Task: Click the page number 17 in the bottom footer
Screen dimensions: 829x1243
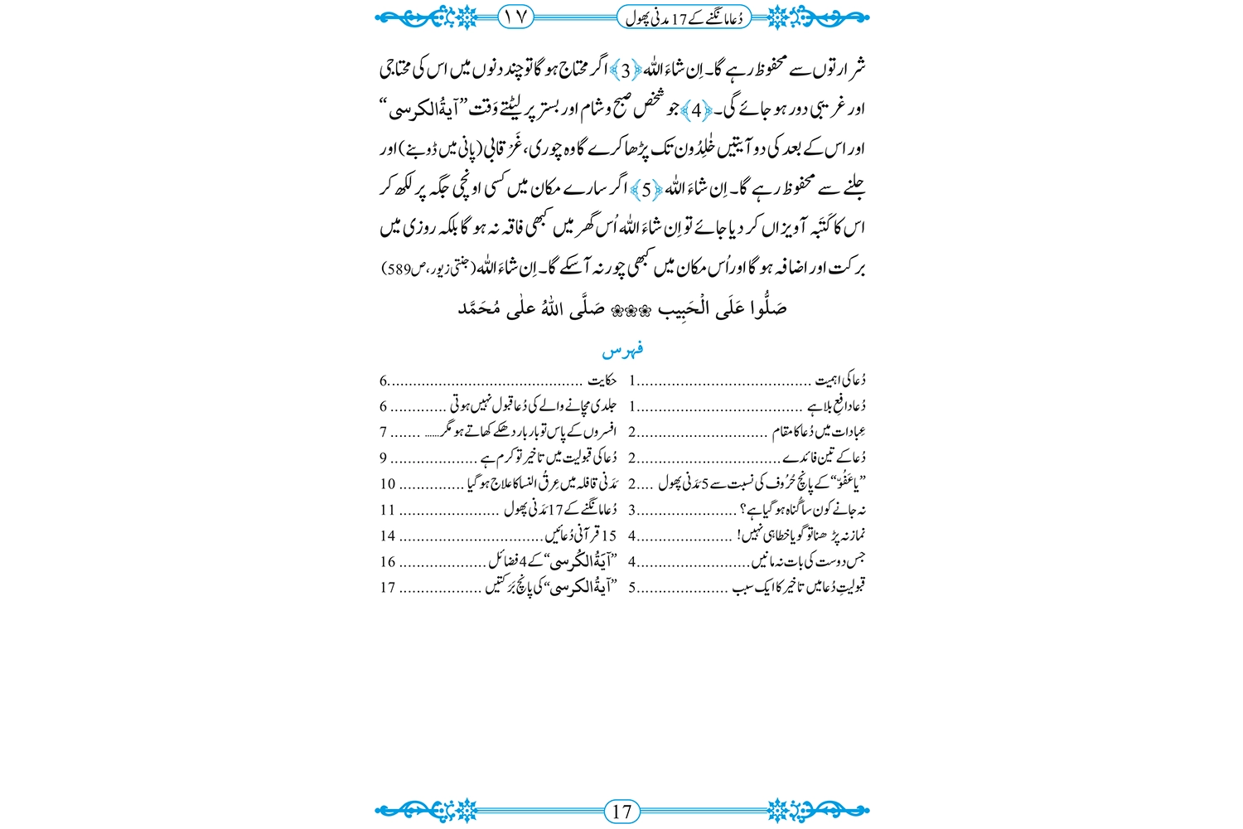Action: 622,811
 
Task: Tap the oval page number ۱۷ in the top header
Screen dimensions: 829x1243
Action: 516,16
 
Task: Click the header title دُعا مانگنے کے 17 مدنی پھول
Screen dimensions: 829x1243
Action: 684,16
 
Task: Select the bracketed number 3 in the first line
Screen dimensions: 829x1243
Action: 626,70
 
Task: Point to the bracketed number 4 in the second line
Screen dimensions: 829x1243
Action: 697,109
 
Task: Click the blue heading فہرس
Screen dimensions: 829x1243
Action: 623,350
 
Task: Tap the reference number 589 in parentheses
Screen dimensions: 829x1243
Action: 399,269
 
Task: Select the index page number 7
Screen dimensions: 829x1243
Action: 384,432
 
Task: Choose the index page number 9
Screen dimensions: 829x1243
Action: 384,458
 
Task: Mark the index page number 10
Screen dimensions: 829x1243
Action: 388,484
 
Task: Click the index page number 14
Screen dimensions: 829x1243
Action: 388,536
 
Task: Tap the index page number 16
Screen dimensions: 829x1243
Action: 388,561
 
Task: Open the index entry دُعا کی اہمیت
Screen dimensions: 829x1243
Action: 840,381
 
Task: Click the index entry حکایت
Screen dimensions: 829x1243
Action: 602,381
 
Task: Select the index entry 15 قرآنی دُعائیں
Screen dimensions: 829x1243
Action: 580,536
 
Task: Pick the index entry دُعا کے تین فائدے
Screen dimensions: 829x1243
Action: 825,458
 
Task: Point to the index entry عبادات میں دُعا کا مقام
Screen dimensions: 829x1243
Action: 819,432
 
